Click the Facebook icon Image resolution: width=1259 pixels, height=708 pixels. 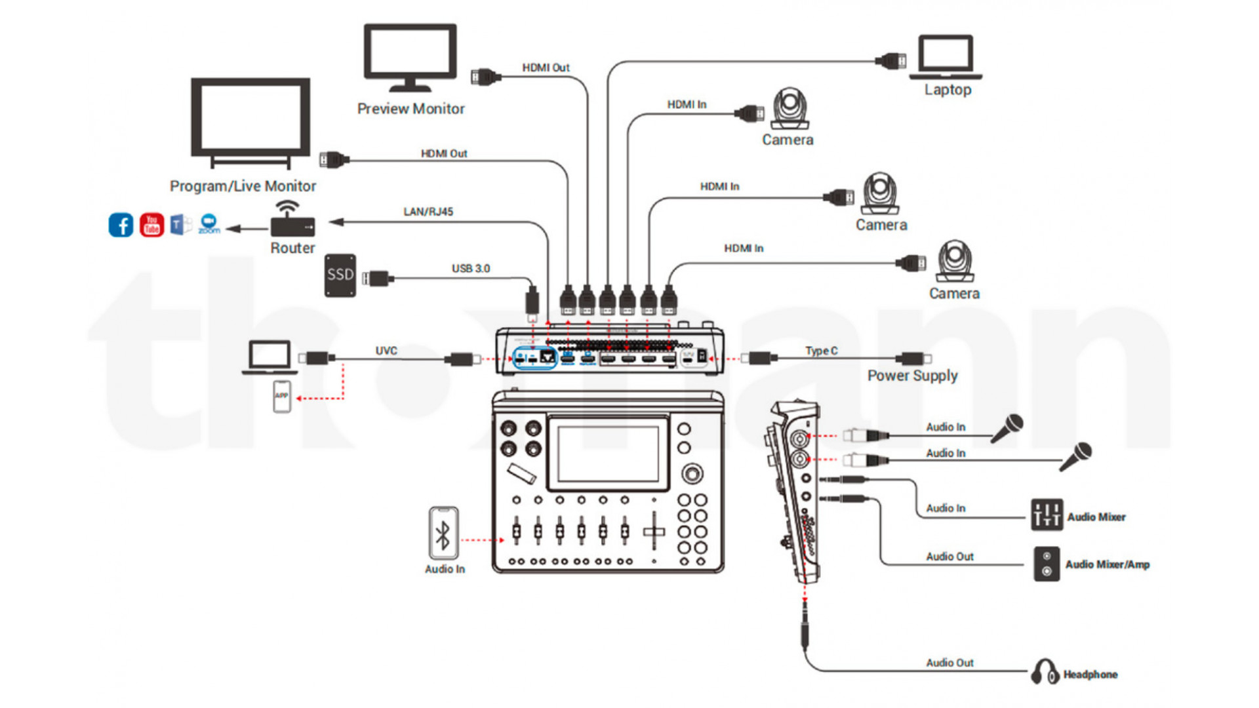coord(121,225)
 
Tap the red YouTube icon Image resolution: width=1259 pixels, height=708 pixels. coord(151,225)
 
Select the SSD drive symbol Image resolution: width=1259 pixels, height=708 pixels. coord(340,275)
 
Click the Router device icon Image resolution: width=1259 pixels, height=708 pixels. coord(292,221)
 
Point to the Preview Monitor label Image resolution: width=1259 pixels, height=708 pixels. coord(410,109)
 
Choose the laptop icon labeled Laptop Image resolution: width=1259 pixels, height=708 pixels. coord(946,56)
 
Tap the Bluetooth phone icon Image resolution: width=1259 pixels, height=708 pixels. coord(443,533)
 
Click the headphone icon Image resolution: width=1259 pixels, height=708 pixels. coord(1044,672)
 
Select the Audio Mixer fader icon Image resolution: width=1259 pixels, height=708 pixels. coord(1047,514)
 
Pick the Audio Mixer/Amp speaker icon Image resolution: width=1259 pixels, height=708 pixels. coord(1047,564)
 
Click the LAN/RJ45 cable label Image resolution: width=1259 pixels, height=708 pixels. coord(428,212)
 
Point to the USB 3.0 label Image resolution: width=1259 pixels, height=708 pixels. coord(470,269)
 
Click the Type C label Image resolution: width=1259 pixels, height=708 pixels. coord(821,351)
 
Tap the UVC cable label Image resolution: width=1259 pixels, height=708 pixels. coord(386,351)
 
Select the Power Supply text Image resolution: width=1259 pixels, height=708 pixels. coord(912,376)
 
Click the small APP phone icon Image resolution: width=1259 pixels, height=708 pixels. coord(282,396)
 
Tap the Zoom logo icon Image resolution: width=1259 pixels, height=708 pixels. coord(209,224)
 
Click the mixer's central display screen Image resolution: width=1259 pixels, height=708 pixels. coord(608,454)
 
